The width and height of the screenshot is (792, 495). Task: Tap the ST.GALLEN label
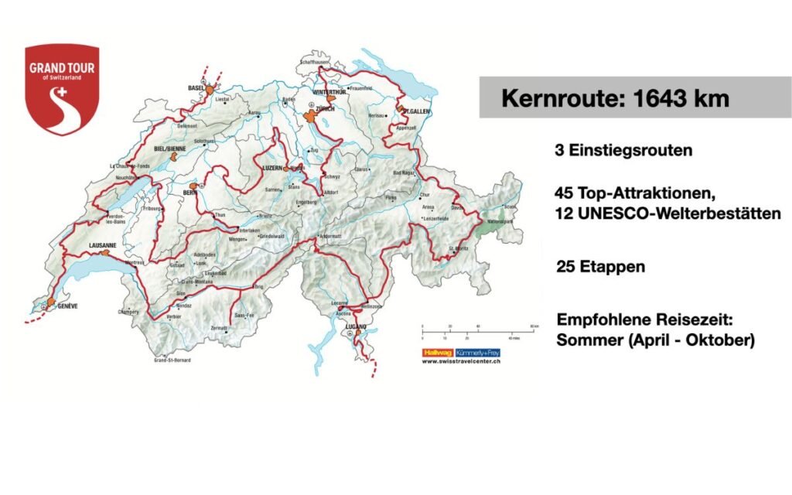(x=416, y=111)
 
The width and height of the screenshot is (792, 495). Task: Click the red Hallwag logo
(x=437, y=352)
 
